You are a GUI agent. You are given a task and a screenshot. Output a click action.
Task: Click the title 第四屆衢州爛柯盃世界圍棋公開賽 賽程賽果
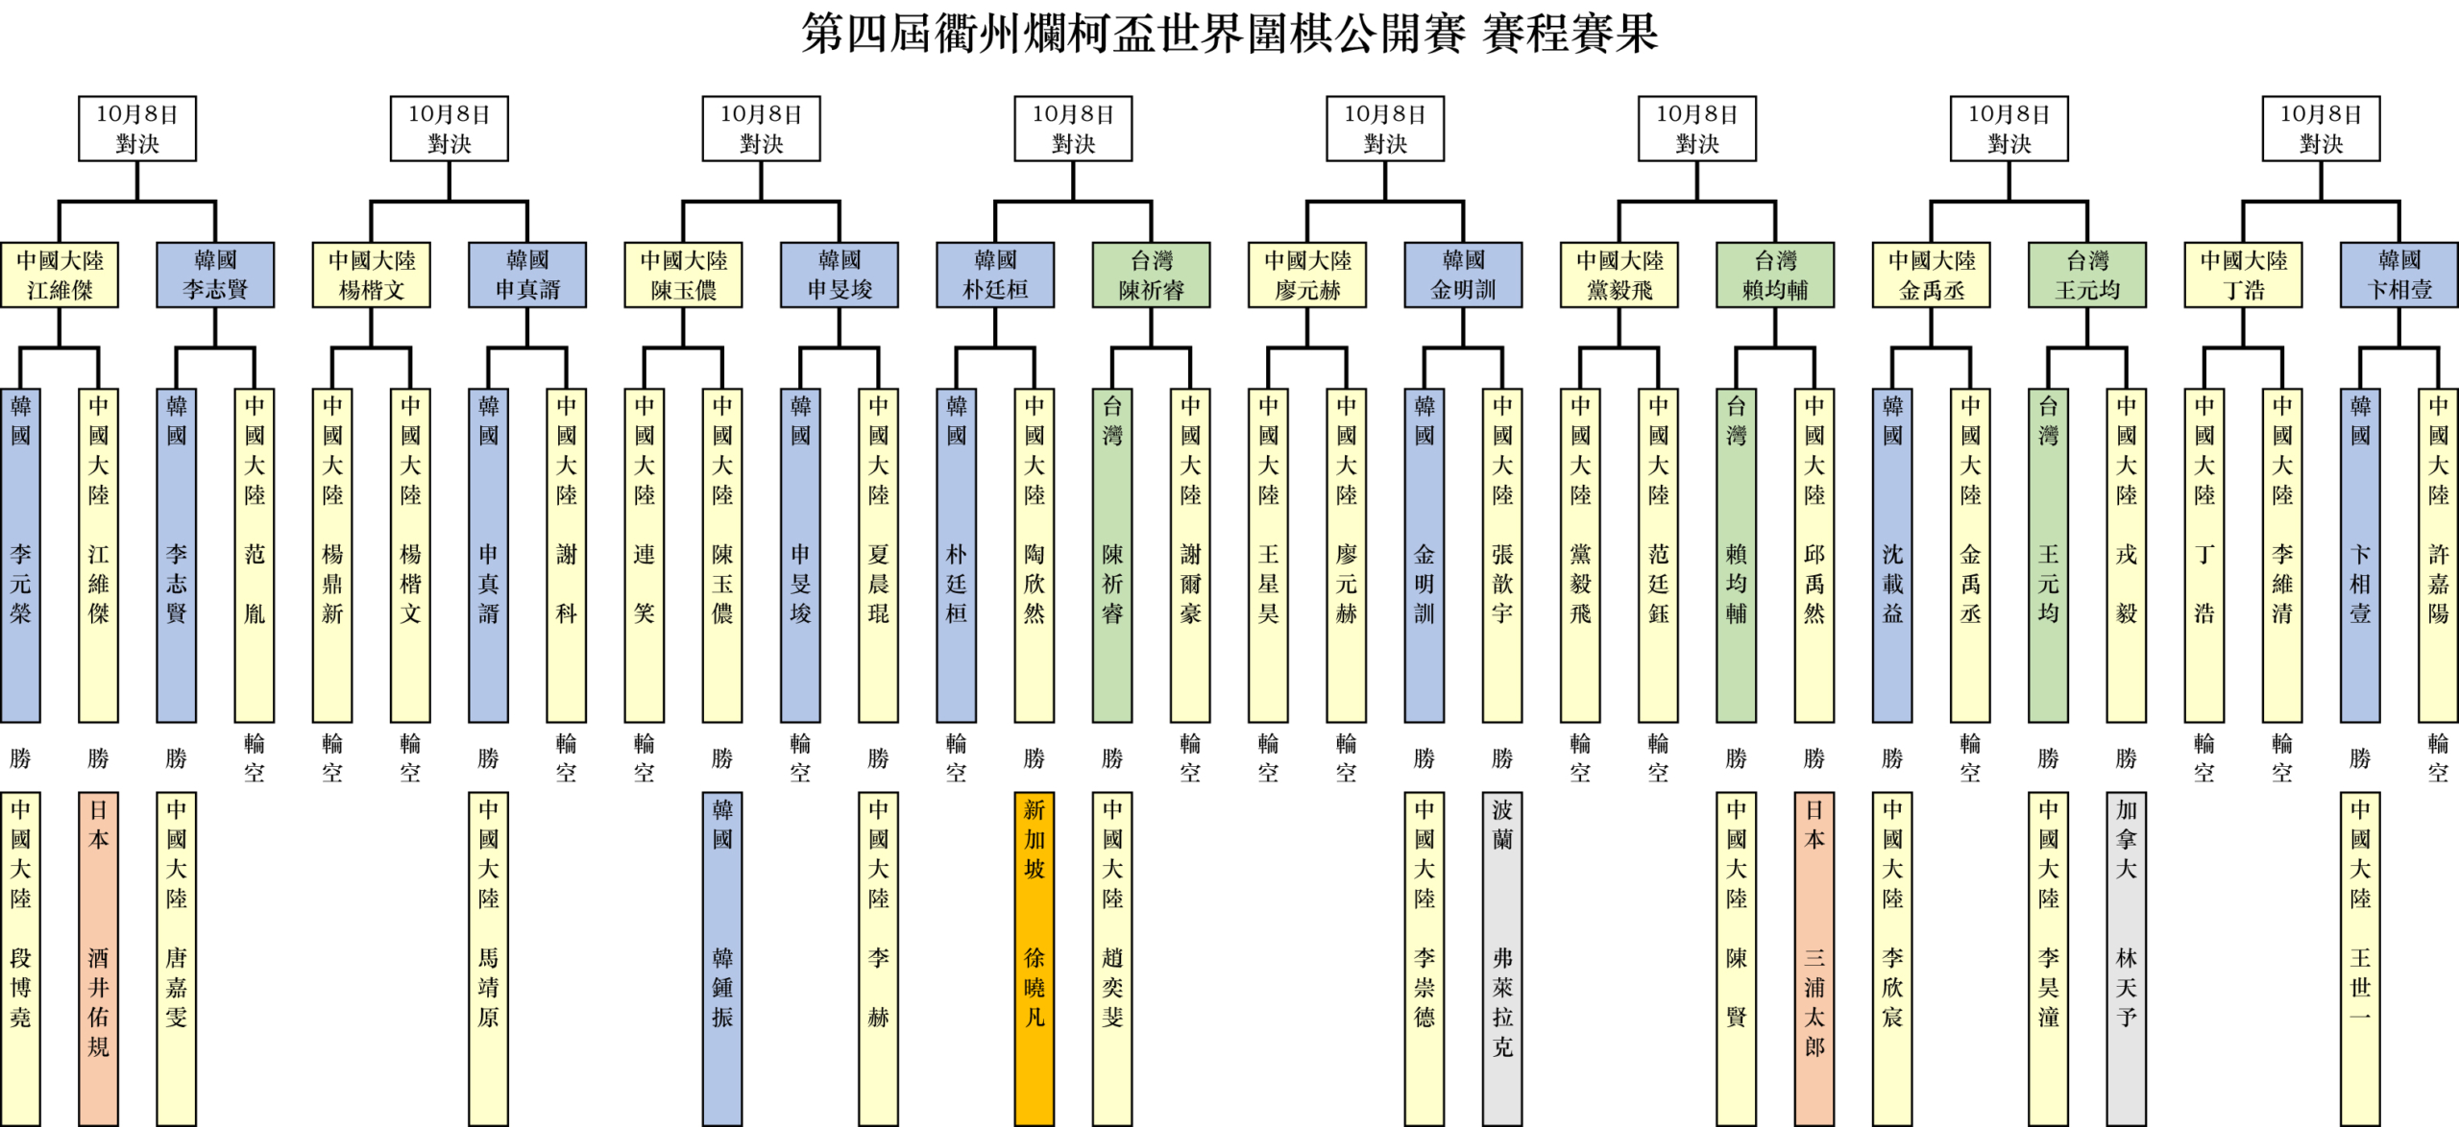tap(1229, 34)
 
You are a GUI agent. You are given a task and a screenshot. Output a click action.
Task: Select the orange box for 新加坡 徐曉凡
tap(1034, 957)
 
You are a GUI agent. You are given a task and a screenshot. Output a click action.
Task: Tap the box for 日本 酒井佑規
tap(98, 957)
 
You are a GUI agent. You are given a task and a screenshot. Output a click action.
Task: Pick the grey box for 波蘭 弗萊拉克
tap(1502, 957)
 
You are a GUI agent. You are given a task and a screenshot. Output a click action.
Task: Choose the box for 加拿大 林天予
tap(2127, 957)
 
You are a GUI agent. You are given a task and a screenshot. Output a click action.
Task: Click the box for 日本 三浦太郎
tap(1814, 957)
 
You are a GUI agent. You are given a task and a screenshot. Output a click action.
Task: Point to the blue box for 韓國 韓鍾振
tap(722, 957)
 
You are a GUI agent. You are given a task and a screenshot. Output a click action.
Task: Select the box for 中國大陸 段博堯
tap(20, 957)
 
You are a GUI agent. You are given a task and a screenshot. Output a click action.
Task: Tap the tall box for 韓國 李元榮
tap(20, 555)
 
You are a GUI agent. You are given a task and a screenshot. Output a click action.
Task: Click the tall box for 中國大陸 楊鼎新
tap(332, 555)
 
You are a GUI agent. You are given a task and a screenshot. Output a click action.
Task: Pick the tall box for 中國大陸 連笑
tap(644, 555)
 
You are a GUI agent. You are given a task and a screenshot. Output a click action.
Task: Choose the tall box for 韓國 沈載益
tap(1892, 555)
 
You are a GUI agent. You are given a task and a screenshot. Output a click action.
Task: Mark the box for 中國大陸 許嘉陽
tap(2438, 555)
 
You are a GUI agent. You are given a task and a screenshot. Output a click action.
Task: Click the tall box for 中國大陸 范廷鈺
tap(1658, 555)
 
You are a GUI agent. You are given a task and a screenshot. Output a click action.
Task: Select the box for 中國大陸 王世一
tap(2360, 957)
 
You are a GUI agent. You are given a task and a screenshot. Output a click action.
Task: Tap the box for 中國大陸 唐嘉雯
tap(176, 957)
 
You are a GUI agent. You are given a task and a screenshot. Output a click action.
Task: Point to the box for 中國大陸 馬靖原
tap(488, 957)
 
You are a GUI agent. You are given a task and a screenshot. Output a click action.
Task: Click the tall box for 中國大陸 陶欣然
tap(1034, 555)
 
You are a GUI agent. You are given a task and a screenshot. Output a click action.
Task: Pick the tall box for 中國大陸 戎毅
tap(2127, 555)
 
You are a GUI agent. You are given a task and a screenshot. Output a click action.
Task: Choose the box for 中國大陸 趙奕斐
tap(1112, 957)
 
